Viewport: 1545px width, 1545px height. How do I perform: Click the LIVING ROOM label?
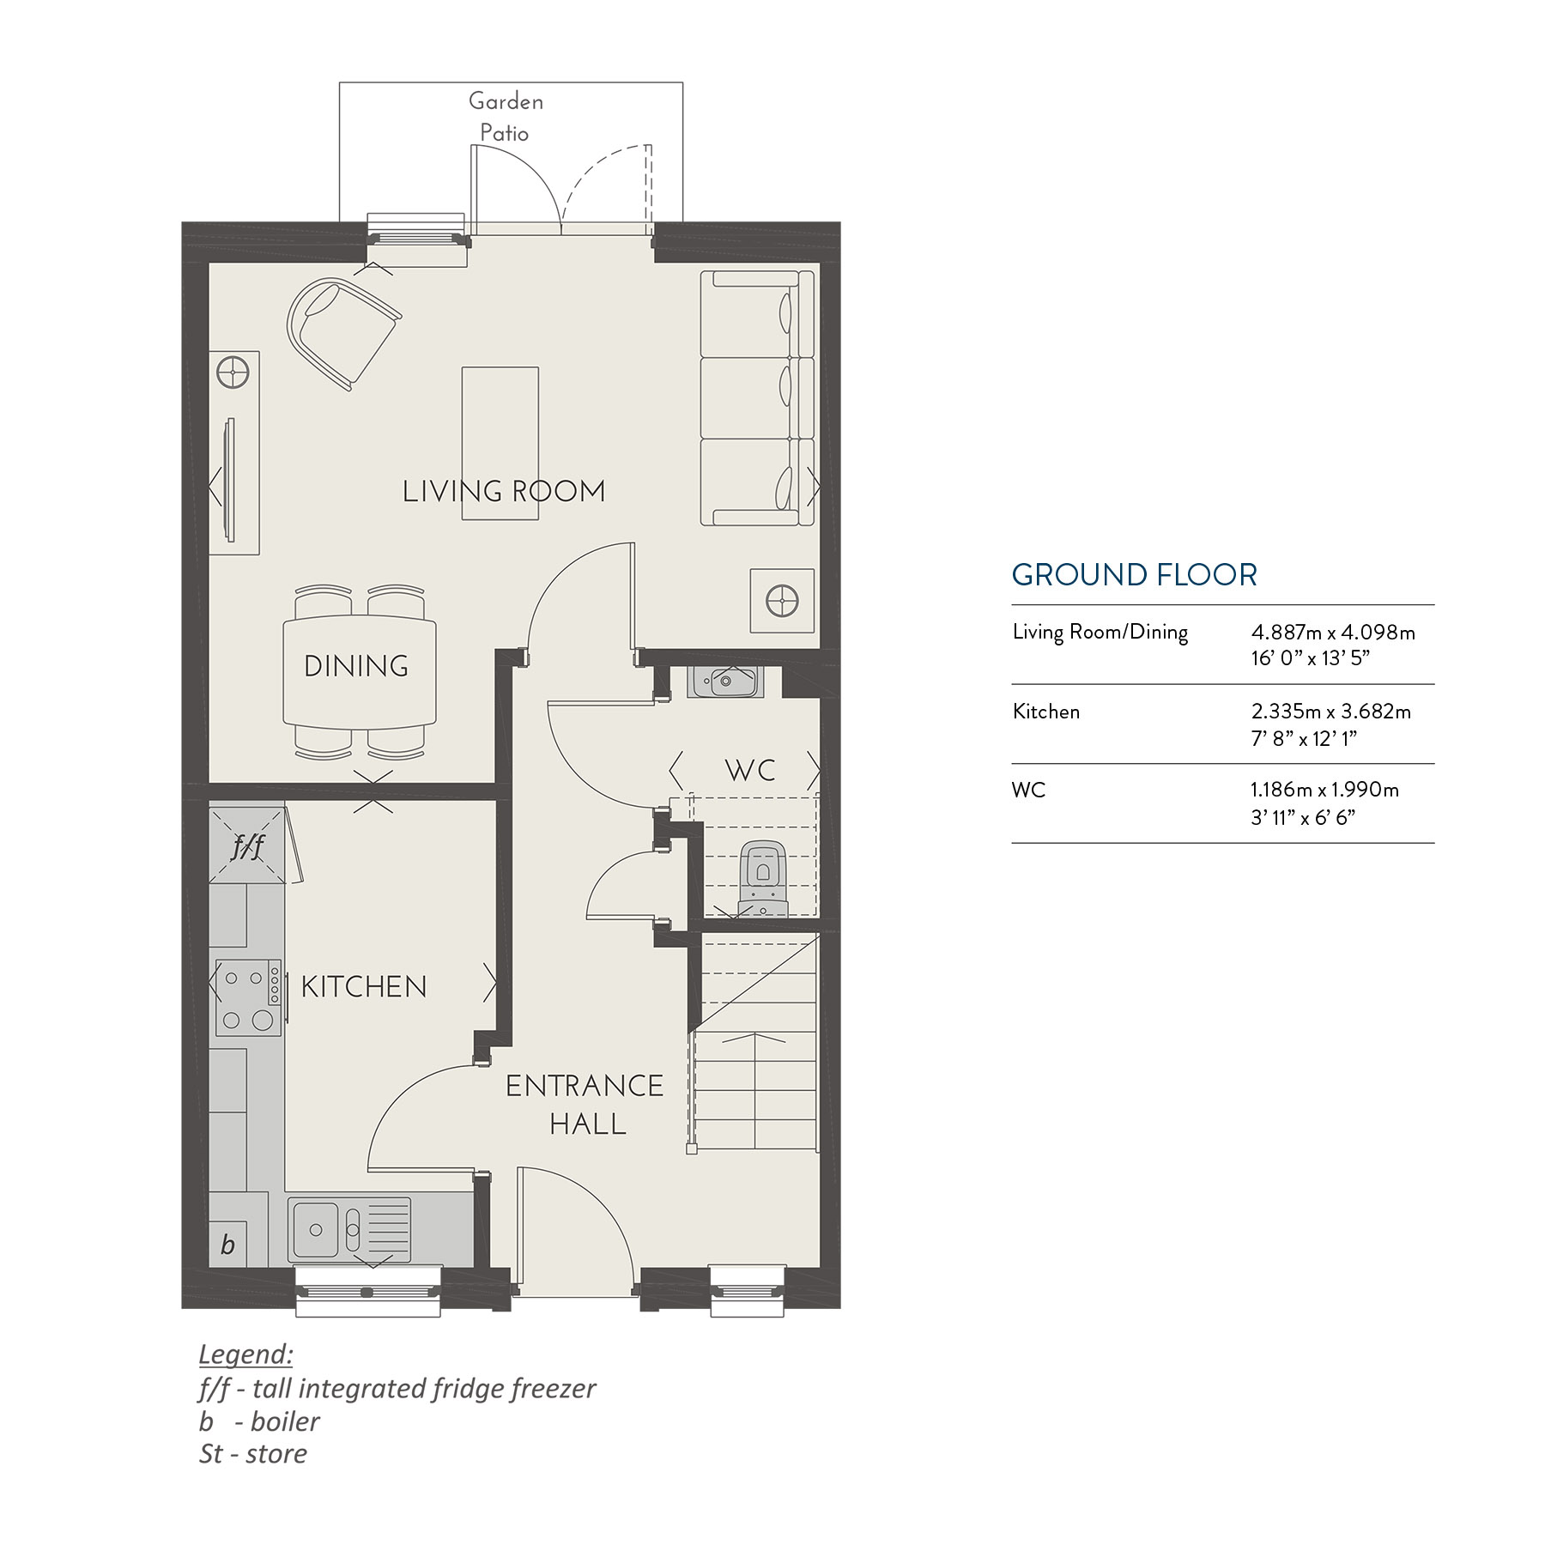coord(504,491)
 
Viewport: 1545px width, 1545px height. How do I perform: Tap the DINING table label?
coord(356,666)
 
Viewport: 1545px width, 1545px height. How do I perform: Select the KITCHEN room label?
coord(364,986)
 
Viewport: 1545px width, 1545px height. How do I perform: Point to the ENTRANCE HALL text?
coord(585,1105)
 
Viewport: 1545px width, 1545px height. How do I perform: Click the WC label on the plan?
coord(750,770)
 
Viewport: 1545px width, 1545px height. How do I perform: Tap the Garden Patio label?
coord(506,117)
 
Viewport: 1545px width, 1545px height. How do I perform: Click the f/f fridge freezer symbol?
coord(247,846)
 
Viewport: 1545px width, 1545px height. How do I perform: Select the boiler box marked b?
coord(228,1244)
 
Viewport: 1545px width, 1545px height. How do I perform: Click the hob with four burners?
coord(247,997)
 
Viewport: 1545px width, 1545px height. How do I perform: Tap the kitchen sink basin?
coord(316,1230)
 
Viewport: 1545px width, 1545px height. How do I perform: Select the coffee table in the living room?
coord(500,443)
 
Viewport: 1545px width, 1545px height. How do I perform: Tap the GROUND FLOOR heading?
coord(1134,574)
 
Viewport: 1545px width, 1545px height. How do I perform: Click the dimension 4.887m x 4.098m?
coord(1332,633)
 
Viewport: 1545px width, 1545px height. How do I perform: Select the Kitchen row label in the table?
coord(1045,712)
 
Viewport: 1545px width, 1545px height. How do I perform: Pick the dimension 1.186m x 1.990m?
coord(1324,790)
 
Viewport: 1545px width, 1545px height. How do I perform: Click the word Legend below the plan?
coord(245,1354)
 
